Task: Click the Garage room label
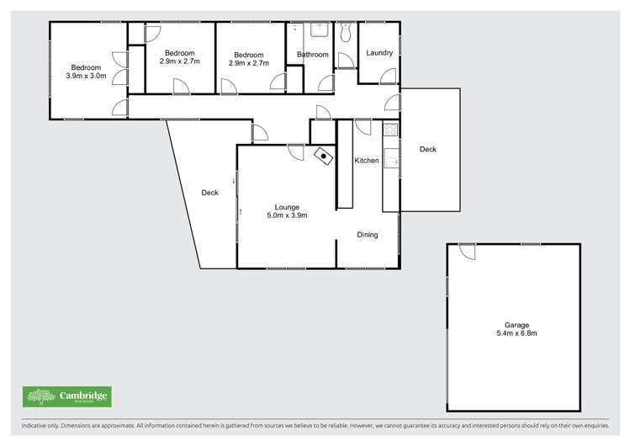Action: click(512, 325)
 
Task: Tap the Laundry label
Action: click(379, 53)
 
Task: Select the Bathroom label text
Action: click(312, 55)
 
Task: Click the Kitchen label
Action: click(366, 161)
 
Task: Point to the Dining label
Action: click(367, 235)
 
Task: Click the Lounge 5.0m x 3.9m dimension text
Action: click(288, 215)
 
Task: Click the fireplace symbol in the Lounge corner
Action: click(323, 156)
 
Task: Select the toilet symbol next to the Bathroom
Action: click(346, 34)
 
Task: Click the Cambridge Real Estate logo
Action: click(66, 396)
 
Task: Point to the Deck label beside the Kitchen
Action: click(428, 150)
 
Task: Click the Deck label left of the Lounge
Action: click(209, 193)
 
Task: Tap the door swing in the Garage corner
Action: click(468, 251)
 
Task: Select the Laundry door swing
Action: click(388, 76)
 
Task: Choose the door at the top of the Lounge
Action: click(295, 151)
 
